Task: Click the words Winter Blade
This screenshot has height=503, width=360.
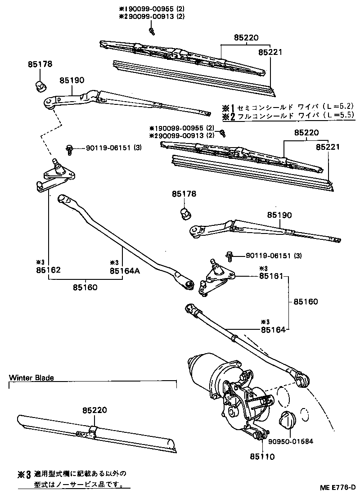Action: (x=31, y=378)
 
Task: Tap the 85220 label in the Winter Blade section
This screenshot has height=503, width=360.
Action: (x=95, y=410)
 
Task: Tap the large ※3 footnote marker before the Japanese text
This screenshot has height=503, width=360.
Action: (x=24, y=474)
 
